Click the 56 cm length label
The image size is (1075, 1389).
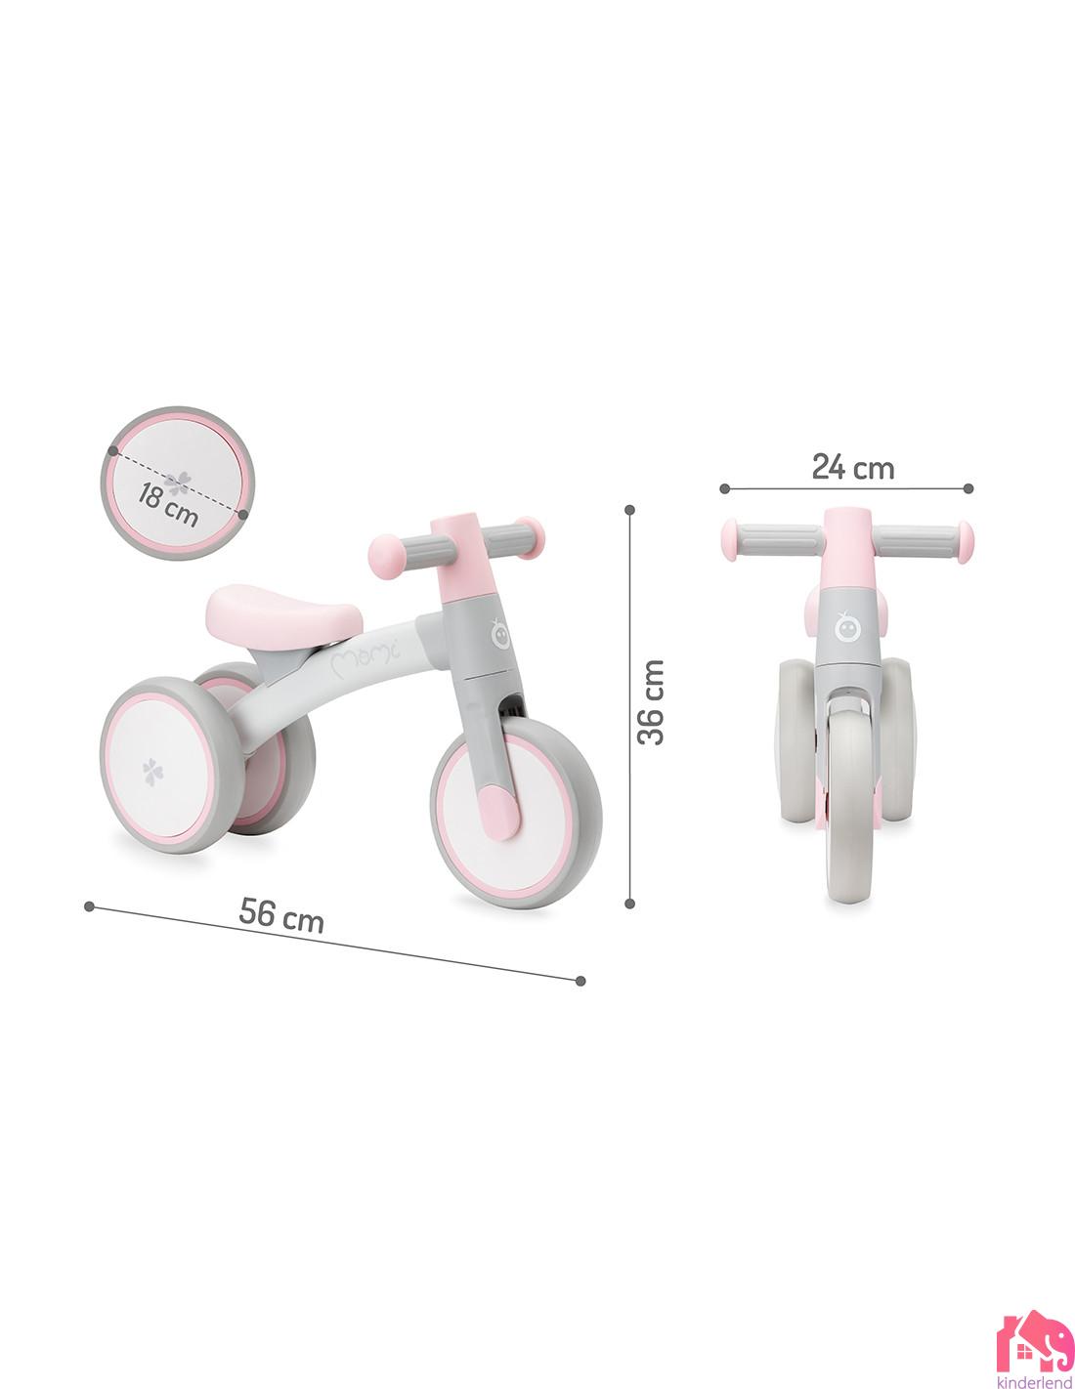281,916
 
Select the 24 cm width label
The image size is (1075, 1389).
852,468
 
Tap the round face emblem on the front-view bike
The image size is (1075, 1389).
847,625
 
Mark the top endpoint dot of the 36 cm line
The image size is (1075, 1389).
629,509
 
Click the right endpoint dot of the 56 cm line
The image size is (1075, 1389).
581,981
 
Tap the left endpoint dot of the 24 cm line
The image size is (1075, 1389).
725,487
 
